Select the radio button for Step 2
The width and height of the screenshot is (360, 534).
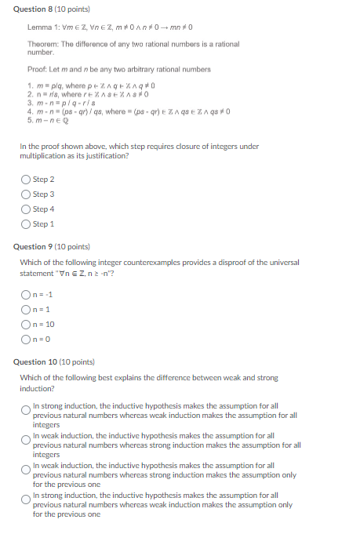[x=26, y=180]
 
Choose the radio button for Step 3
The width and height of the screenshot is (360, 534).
[x=26, y=194]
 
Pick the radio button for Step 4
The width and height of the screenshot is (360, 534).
[x=26, y=209]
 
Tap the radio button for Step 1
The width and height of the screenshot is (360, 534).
[x=26, y=224]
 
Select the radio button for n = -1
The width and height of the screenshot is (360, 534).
[x=26, y=295]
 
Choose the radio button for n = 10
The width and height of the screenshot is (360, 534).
[x=26, y=325]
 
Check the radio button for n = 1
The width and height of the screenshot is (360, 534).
[x=26, y=310]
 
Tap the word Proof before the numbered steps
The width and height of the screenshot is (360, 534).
[x=38, y=69]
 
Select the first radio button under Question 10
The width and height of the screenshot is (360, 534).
[x=26, y=409]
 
